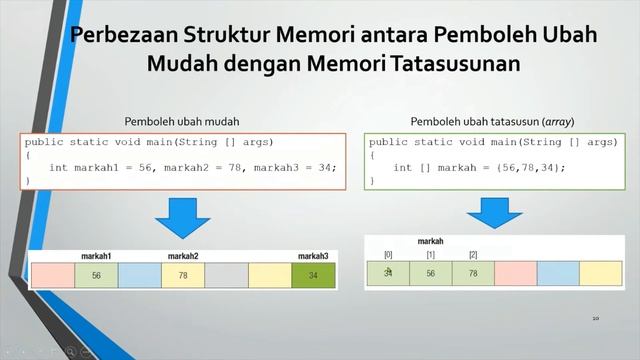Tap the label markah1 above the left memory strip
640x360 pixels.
click(x=96, y=257)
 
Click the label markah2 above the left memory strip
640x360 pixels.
click(x=182, y=257)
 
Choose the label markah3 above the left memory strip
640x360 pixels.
click(x=313, y=257)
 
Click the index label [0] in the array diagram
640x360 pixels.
click(x=388, y=255)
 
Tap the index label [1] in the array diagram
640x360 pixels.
click(x=430, y=255)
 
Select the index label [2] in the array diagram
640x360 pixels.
click(x=473, y=255)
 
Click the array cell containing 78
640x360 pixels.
click(x=473, y=273)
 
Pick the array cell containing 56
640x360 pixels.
click(x=430, y=273)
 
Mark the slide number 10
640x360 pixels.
click(x=595, y=319)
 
